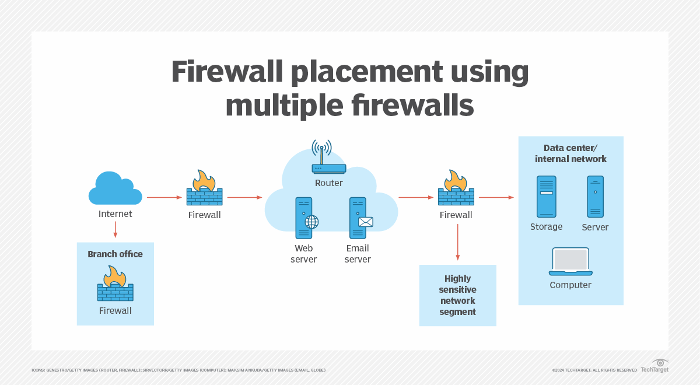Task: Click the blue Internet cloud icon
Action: pos(115,188)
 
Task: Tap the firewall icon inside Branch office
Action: pos(115,283)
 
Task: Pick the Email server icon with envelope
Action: pos(359,218)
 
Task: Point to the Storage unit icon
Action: pos(546,197)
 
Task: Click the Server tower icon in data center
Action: pos(595,197)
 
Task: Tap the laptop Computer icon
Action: pos(570,262)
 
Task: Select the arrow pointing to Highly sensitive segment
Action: pos(457,242)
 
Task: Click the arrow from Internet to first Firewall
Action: pos(164,198)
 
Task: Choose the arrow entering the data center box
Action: pos(496,198)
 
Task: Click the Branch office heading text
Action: pos(115,254)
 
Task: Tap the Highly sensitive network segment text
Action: pos(458,295)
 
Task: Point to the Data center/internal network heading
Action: pos(570,153)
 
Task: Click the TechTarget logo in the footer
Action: pos(654,366)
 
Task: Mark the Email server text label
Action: pos(358,254)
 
